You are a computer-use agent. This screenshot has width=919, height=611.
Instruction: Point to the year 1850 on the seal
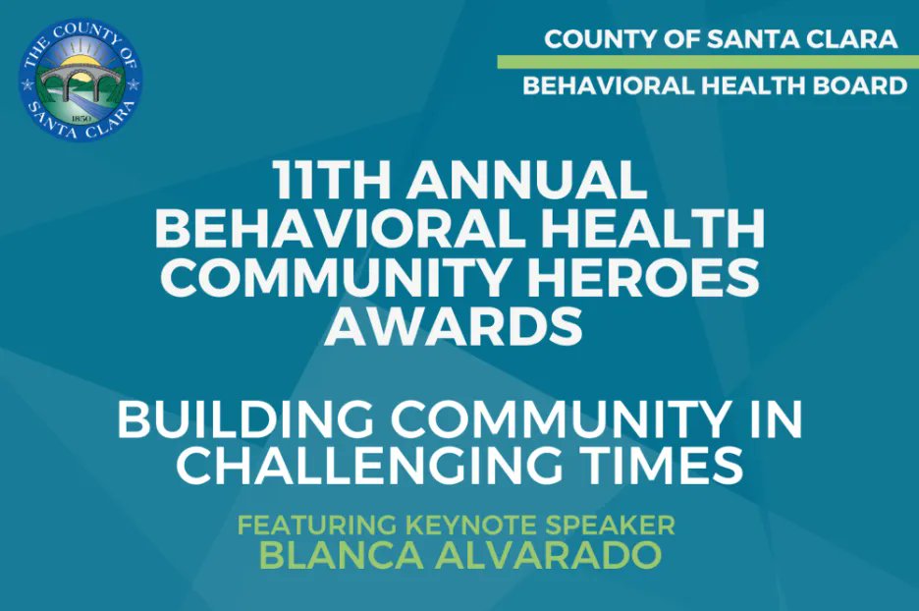81,118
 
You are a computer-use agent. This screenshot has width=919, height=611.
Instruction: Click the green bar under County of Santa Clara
707,62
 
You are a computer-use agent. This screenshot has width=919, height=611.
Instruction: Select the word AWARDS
455,326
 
